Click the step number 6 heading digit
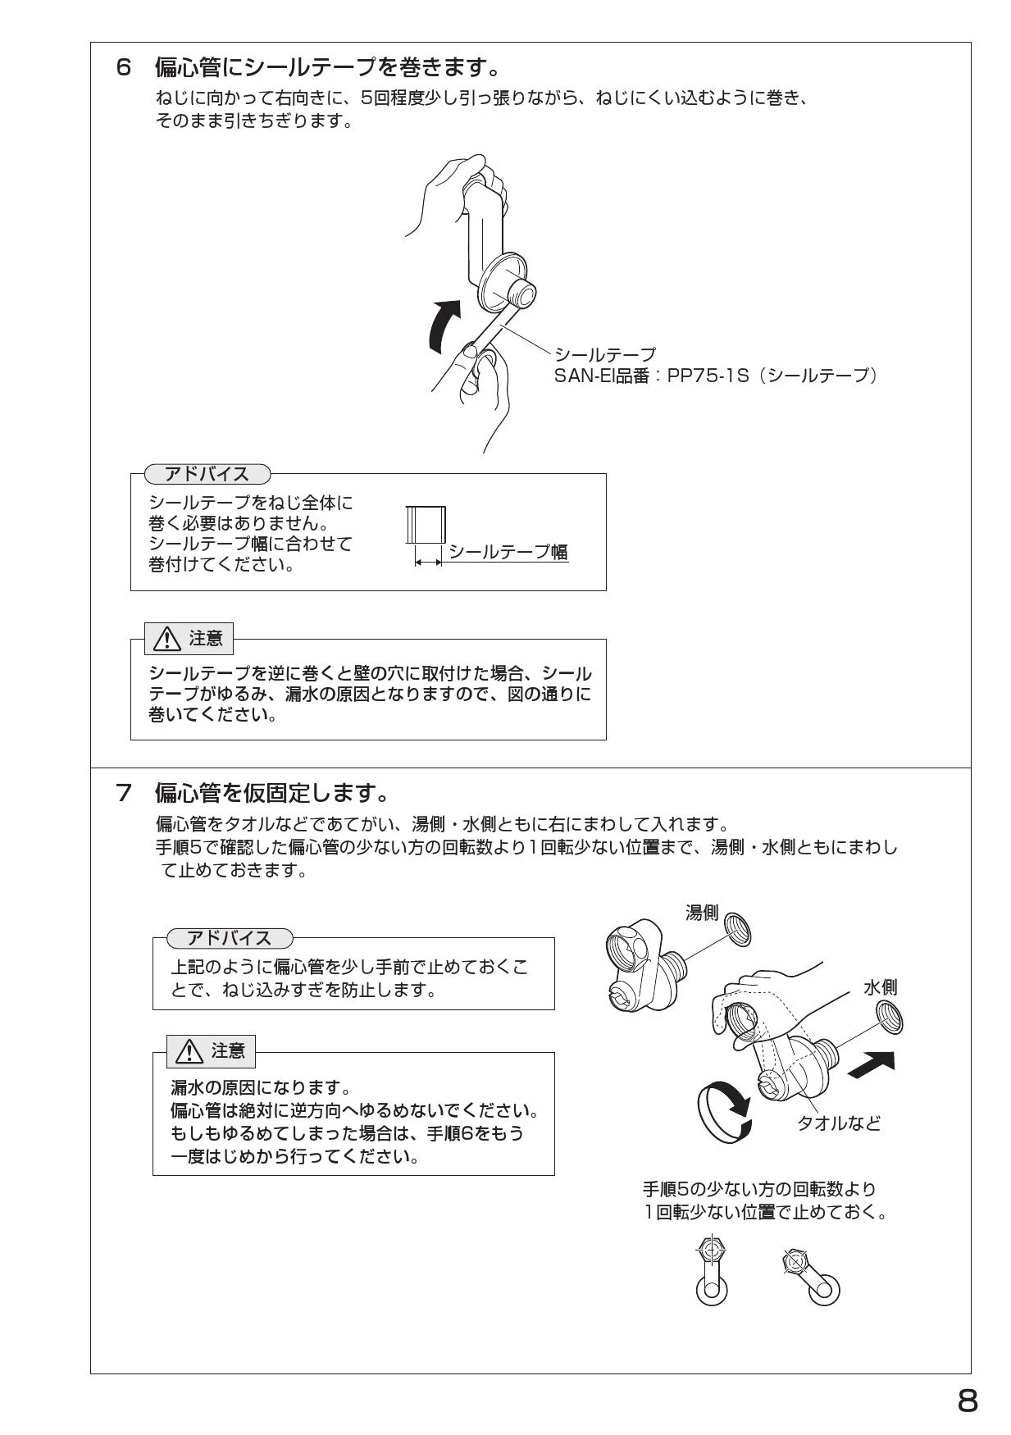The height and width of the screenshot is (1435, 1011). pos(124,67)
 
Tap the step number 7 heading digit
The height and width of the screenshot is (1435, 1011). pos(124,793)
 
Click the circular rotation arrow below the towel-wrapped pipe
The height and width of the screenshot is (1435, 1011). pos(723,1111)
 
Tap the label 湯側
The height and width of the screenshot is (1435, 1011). pos(701,912)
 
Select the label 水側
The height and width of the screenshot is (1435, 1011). pos(880,987)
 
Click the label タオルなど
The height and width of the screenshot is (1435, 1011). pos(839,1123)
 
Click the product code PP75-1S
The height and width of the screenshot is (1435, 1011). pos(708,376)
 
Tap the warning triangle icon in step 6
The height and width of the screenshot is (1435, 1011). pos(168,639)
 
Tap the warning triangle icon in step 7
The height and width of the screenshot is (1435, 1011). pos(189,1050)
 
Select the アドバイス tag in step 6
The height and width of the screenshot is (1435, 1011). pos(207,474)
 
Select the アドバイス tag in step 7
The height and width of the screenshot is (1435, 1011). pos(229,938)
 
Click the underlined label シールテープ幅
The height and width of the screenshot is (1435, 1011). pos(508,551)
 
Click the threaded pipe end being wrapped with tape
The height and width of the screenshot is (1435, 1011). pos(521,292)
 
